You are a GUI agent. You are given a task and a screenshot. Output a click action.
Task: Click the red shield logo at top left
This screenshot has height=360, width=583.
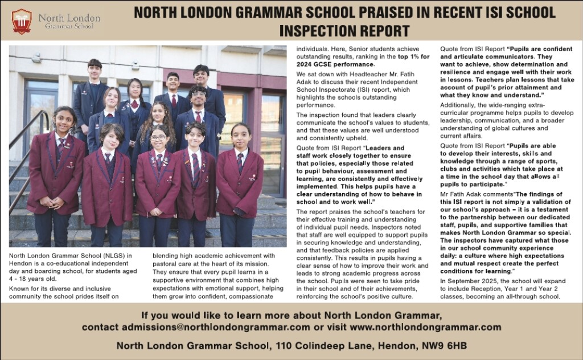(x=22, y=21)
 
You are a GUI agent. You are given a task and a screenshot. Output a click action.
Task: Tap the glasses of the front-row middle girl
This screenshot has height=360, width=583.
(x=158, y=138)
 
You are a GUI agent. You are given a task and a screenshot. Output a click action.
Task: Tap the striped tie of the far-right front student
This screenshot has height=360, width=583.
(x=240, y=164)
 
